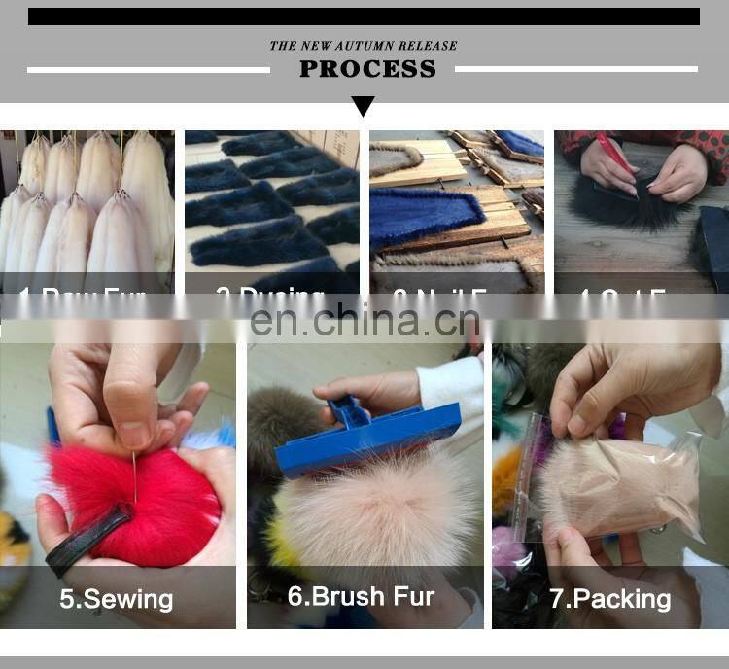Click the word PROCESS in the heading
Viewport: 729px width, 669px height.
pyautogui.click(x=367, y=69)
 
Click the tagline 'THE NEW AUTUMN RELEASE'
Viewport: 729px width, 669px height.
pyautogui.click(x=363, y=45)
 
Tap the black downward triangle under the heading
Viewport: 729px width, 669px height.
pyautogui.click(x=364, y=105)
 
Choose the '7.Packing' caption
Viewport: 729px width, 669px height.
pyautogui.click(x=609, y=598)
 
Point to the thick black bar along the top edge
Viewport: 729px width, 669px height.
pyautogui.click(x=364, y=17)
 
